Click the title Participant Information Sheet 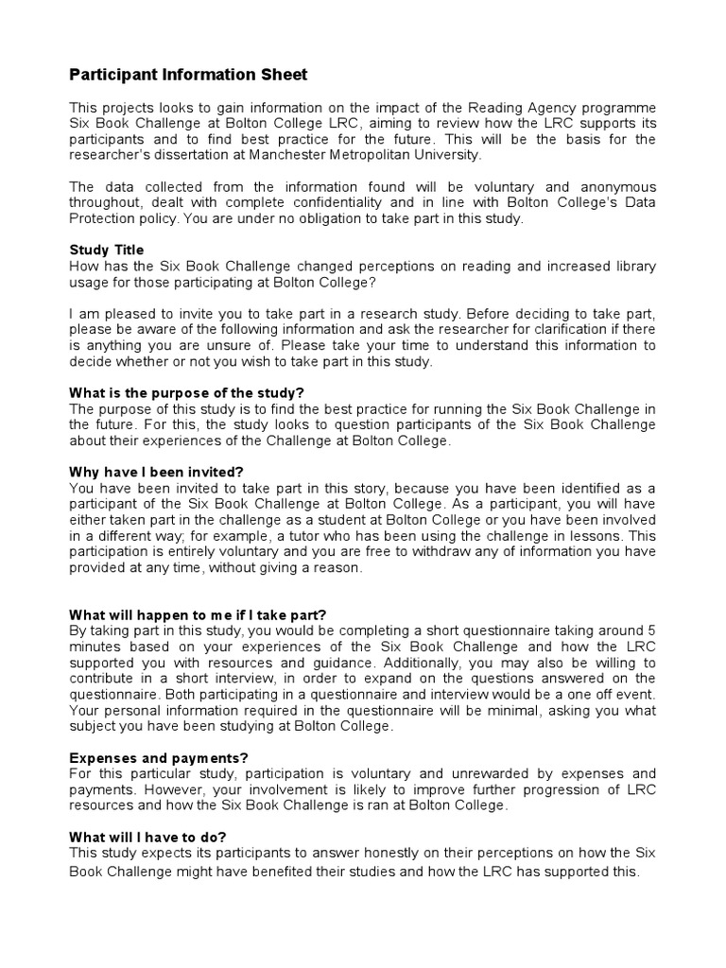click(188, 74)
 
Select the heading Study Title click(107, 250)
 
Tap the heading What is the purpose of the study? click(187, 392)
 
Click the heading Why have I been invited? click(157, 471)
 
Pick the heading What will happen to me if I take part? click(198, 614)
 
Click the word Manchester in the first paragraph click(292, 154)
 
